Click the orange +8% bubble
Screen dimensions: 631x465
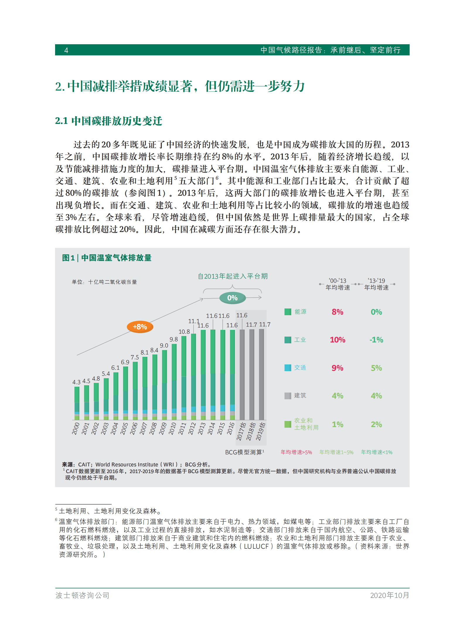point(140,327)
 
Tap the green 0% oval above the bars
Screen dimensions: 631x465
point(232,298)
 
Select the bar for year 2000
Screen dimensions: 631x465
point(77,403)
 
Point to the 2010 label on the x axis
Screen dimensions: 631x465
point(172,429)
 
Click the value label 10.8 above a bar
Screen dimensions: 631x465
point(184,332)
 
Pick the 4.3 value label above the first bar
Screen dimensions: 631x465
point(76,382)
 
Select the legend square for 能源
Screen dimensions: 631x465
point(288,312)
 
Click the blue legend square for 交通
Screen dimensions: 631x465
point(288,368)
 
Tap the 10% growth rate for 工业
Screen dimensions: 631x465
point(337,340)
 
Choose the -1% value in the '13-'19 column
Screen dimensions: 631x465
point(376,340)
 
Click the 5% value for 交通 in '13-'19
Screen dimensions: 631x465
point(376,368)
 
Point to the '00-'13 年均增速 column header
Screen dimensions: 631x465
point(338,284)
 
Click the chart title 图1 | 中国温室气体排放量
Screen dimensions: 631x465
point(107,258)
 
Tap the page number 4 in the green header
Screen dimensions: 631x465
point(66,50)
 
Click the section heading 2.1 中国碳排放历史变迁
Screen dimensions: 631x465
point(108,121)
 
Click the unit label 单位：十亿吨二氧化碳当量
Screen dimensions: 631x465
point(104,282)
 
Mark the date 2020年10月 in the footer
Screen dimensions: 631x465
point(389,595)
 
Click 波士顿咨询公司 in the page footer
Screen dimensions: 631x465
point(82,595)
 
